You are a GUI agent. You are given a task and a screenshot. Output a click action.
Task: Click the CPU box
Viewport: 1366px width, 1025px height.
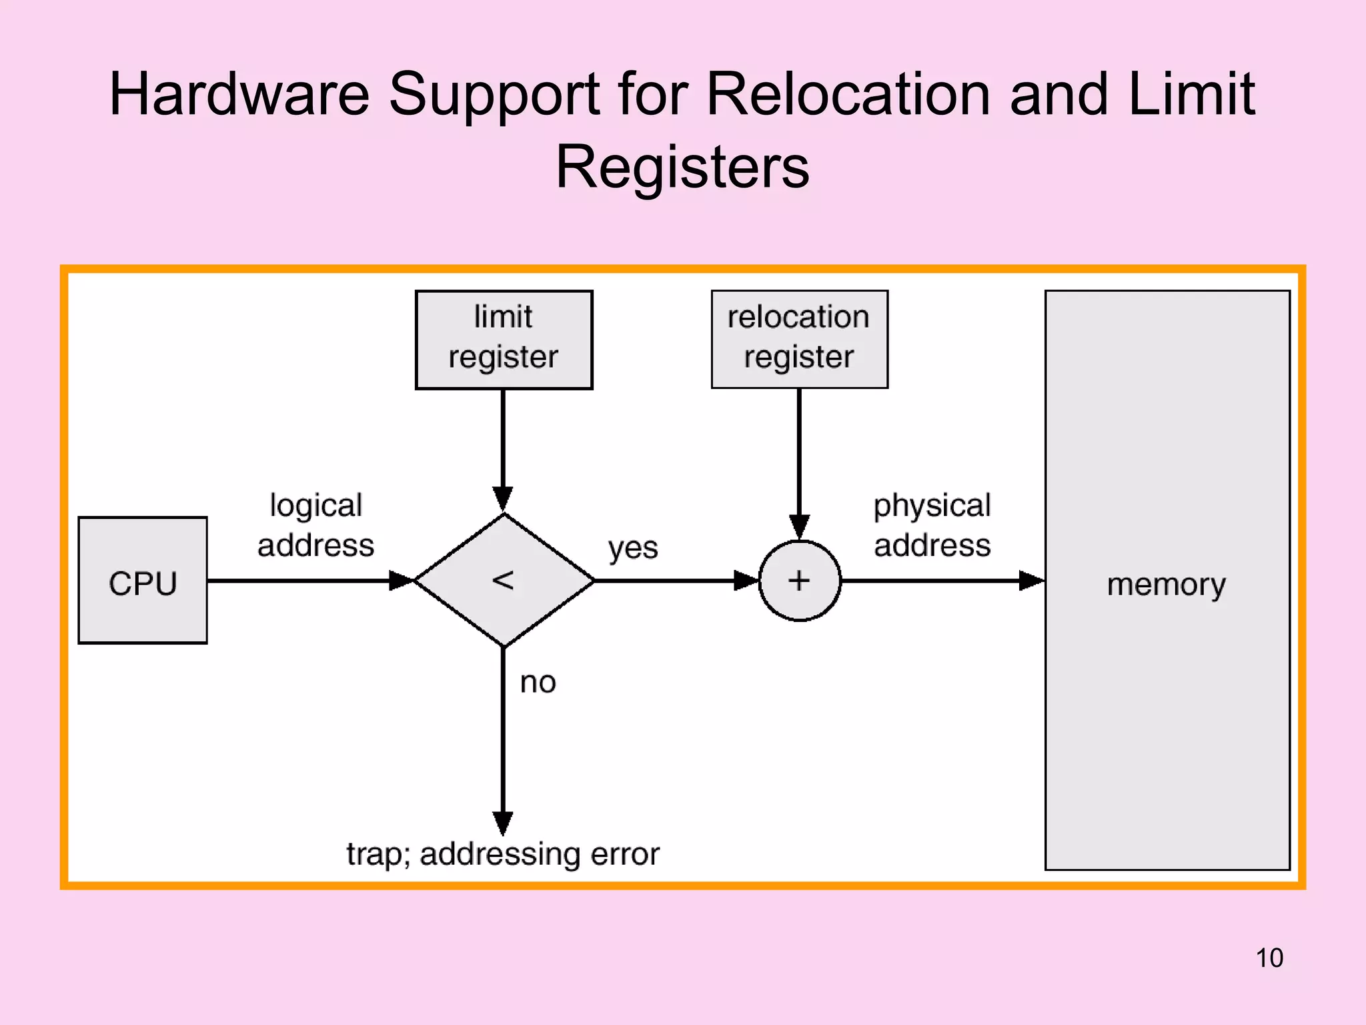143,581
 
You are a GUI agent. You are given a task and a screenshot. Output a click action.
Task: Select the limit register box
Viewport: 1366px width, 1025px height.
504,339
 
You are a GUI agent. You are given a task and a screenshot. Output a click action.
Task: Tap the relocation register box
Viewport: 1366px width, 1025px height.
799,339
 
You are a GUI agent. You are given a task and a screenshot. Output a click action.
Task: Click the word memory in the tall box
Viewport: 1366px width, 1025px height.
1166,585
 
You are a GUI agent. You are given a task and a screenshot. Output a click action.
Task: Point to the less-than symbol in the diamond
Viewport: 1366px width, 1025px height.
503,580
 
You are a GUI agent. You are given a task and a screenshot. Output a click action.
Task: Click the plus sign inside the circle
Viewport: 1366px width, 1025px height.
799,580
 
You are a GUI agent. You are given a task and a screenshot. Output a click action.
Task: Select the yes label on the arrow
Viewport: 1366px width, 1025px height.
632,549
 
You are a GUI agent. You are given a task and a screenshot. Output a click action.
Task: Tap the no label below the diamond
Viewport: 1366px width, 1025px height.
538,683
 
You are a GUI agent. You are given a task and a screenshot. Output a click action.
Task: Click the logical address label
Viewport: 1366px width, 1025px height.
315,525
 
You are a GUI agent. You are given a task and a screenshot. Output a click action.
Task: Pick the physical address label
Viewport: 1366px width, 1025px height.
932,525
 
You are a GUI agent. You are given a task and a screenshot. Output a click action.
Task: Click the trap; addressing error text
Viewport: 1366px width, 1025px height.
503,854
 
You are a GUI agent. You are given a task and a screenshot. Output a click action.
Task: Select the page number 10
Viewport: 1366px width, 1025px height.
1269,958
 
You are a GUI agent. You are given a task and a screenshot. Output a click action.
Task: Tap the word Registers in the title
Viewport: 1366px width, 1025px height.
682,167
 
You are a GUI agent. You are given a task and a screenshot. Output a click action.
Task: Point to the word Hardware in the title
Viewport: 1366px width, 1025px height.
239,94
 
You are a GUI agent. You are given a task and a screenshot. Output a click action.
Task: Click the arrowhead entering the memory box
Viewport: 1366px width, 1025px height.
1031,581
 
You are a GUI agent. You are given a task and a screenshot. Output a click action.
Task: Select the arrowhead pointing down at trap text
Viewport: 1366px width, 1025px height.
503,822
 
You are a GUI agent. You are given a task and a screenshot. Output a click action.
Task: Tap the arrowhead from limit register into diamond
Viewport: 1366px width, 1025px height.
503,498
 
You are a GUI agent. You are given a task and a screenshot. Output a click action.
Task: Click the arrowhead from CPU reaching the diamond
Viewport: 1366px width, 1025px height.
401,581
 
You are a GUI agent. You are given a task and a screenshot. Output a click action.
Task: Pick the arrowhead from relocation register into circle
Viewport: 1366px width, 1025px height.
799,526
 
